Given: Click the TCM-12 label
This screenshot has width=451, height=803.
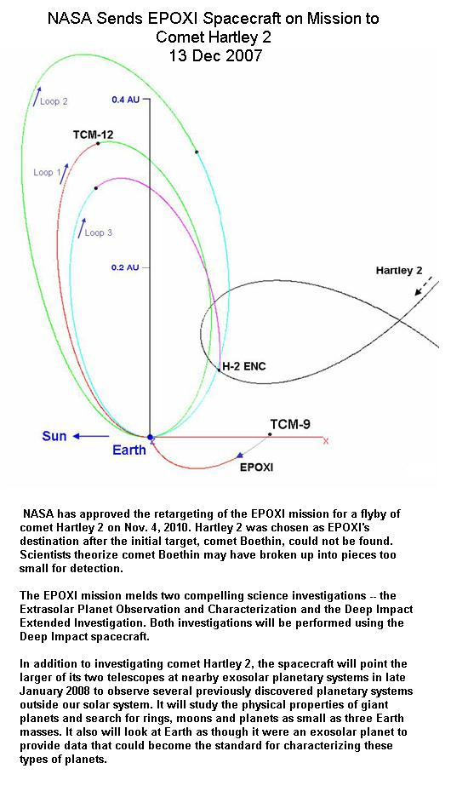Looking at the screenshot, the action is coord(93,135).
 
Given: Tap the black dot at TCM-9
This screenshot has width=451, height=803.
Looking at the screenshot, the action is coord(270,434).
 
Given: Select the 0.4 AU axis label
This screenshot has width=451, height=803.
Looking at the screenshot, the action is coord(125,100).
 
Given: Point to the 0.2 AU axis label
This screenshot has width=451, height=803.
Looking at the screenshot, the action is coord(125,267).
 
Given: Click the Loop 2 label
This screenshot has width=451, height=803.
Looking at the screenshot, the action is coord(54,101).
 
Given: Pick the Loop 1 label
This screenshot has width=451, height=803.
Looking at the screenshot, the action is coord(43,173).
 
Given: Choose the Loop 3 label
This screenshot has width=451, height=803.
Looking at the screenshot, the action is coord(99,233).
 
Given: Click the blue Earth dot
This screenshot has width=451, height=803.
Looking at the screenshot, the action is coord(150,438).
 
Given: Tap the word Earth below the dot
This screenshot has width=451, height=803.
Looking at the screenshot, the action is coord(129,450).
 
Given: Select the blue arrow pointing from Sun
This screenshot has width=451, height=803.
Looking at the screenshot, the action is coord(90,436).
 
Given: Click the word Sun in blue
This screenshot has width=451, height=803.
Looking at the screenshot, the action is coord(54,436).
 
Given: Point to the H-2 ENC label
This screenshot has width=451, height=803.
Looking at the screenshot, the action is coord(243,367).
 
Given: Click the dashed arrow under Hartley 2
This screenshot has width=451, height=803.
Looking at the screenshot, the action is coord(424,286).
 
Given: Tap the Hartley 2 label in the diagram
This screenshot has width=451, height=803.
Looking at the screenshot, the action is coord(395,271).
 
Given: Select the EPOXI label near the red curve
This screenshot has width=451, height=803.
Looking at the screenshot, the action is coord(256,467).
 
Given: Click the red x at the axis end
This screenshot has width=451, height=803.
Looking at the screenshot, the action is coord(326,440).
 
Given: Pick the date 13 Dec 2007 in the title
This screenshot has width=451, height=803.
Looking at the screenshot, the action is coord(215,54).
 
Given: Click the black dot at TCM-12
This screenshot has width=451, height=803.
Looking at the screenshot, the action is coord(98,143).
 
